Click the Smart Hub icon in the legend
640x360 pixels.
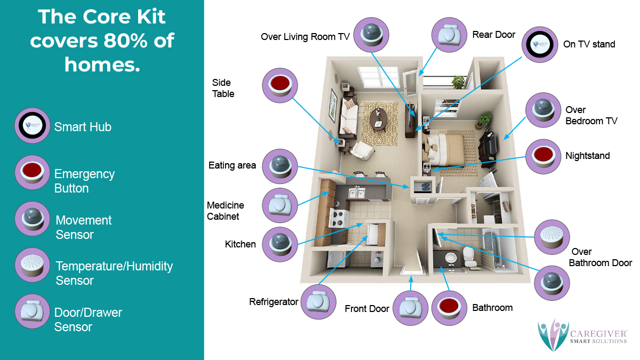click(33, 125)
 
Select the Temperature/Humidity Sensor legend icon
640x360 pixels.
click(33, 265)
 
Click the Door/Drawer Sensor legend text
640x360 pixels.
click(88, 319)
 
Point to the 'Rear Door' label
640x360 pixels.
click(494, 35)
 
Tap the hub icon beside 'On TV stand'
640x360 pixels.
click(539, 44)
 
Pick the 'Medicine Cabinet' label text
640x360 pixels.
click(225, 211)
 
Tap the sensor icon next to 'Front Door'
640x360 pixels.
click(411, 308)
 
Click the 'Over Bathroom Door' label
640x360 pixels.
click(601, 257)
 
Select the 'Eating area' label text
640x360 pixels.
click(232, 165)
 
